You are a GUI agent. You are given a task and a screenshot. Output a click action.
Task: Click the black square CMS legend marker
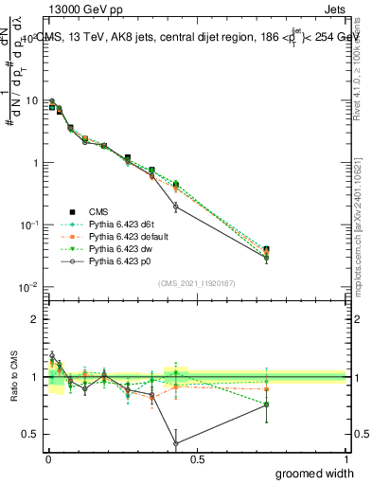(71, 211)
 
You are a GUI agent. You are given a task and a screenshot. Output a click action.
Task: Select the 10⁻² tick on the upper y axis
(28, 286)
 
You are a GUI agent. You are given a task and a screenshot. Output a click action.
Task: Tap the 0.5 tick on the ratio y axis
(31, 434)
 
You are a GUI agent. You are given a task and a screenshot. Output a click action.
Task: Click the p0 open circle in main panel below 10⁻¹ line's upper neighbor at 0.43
(176, 207)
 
